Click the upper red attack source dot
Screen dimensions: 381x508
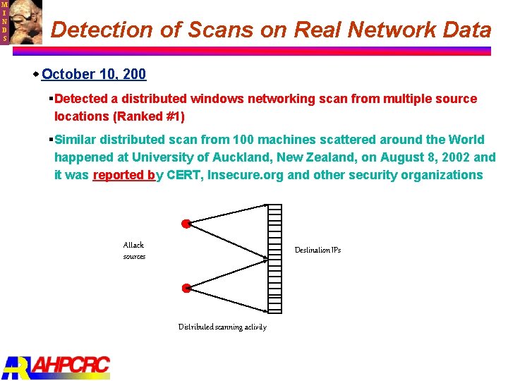click(x=186, y=224)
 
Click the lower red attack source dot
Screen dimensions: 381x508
click(x=186, y=288)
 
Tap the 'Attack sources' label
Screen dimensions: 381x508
click(x=134, y=250)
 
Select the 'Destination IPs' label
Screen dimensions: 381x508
click(x=317, y=250)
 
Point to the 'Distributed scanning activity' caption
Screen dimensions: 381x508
click(x=222, y=327)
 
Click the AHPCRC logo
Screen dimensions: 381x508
click(x=56, y=366)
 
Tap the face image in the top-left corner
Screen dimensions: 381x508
click(x=25, y=21)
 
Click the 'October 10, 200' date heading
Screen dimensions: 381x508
click(x=94, y=74)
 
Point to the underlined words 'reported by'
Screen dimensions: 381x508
click(x=124, y=175)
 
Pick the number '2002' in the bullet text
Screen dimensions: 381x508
click(x=449, y=157)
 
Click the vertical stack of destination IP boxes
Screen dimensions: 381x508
click(x=275, y=258)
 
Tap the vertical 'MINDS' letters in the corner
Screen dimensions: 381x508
click(x=4, y=21)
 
